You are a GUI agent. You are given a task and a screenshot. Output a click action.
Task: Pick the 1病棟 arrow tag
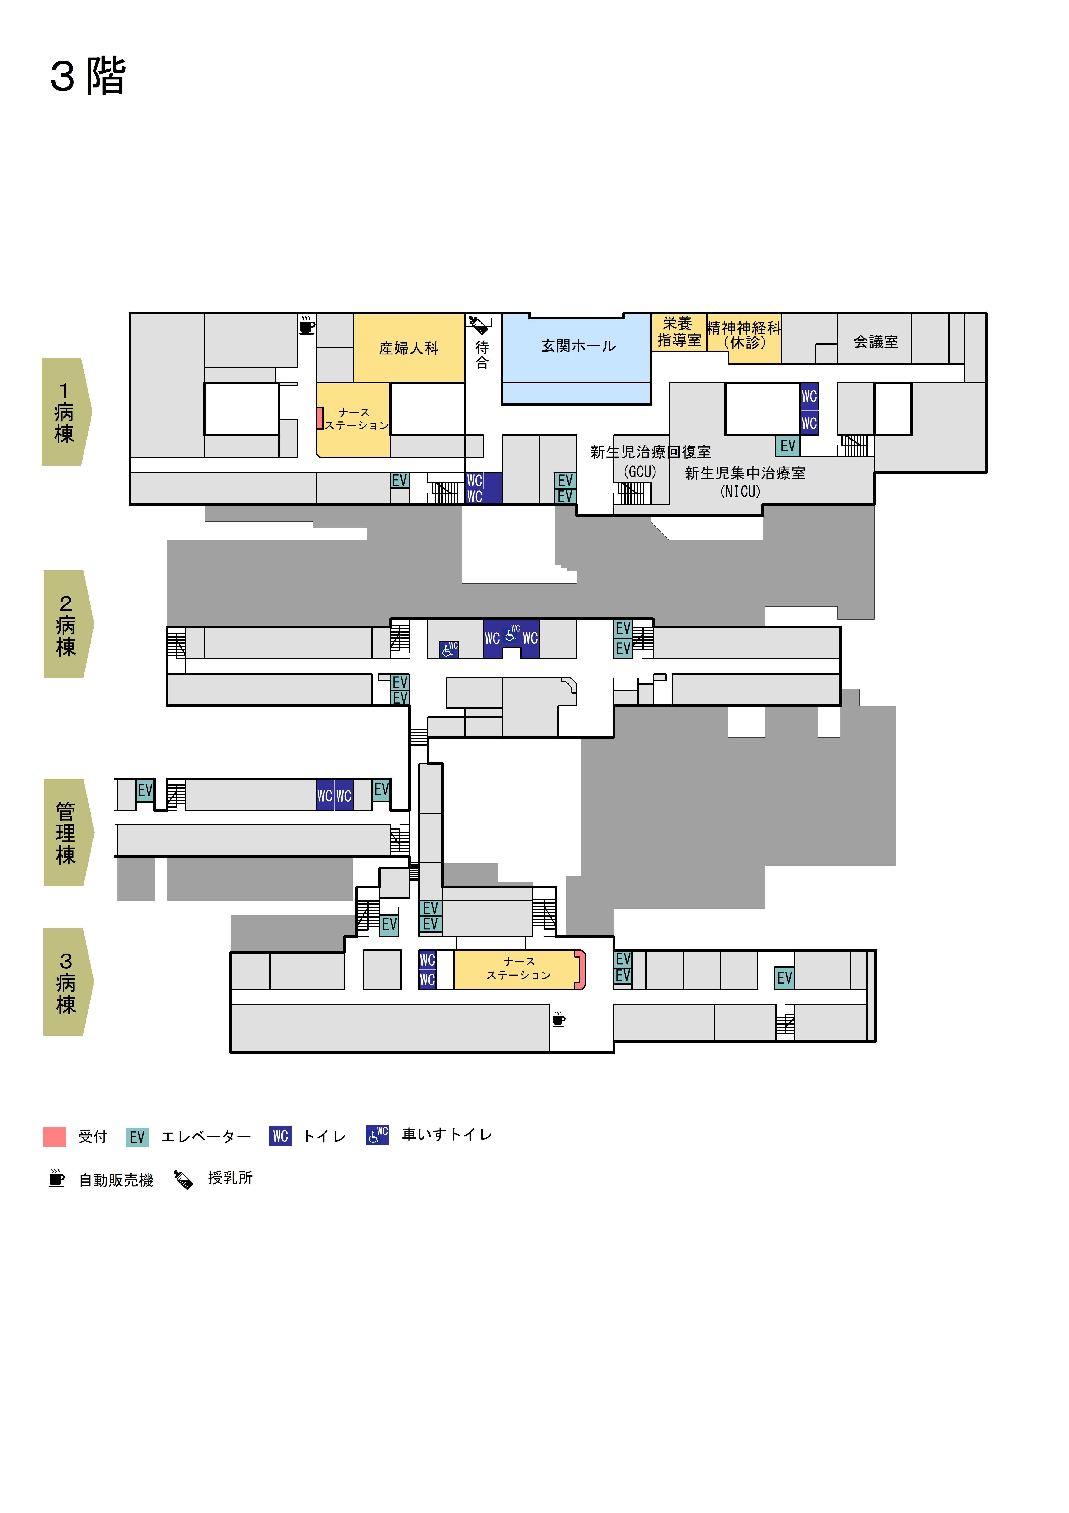[66, 412]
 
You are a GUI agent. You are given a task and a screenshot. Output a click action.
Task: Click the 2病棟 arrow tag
[68, 624]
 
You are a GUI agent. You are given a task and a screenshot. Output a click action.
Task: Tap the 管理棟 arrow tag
[68, 832]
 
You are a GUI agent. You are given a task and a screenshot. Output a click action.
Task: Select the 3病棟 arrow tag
[68, 982]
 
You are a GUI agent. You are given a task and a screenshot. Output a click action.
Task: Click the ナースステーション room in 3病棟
[519, 969]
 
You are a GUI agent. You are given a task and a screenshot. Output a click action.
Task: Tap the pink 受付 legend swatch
[55, 1137]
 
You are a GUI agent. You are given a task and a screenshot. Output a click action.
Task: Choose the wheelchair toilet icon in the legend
[377, 1135]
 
